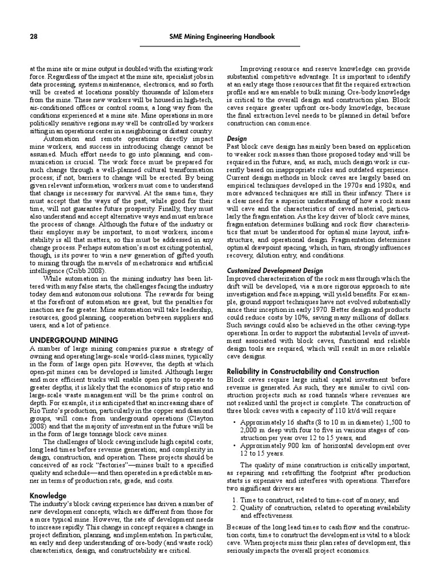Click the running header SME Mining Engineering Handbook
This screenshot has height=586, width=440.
tap(222, 37)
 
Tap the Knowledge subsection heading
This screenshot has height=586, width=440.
tap(48, 495)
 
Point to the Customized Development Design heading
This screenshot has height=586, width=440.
tap(274, 271)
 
